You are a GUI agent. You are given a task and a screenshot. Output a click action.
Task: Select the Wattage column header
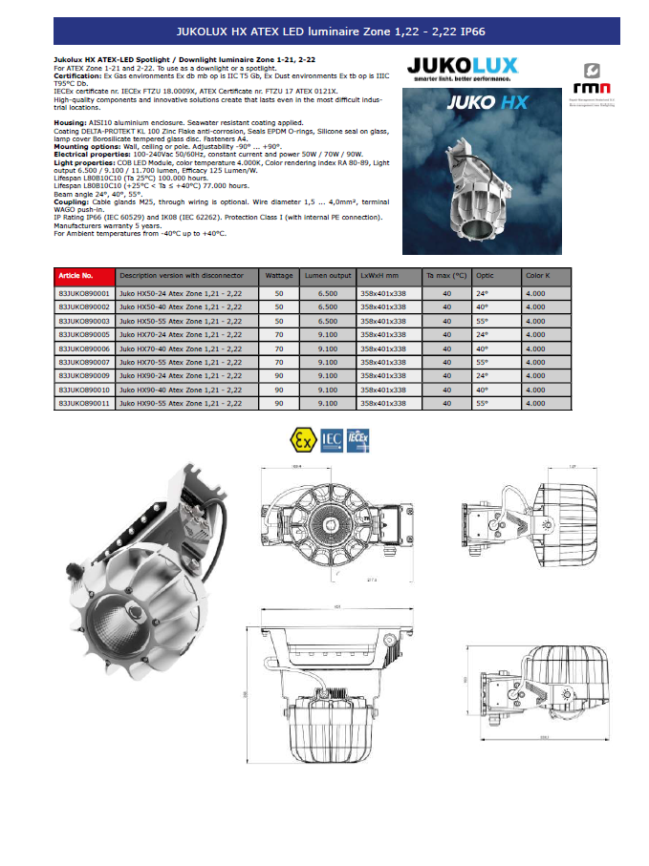coord(278,275)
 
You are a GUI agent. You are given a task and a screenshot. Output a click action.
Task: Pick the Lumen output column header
coord(327,275)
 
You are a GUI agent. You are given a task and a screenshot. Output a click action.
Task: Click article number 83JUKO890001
coord(84,295)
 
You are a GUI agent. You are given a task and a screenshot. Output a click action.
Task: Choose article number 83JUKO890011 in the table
coord(84,404)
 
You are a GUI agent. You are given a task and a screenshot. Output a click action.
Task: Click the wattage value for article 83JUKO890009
coord(279,377)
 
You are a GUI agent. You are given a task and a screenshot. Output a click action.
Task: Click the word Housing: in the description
coord(70,123)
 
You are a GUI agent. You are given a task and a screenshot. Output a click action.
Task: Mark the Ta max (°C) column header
coord(446,275)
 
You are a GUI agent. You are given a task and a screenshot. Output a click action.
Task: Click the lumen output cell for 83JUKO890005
coord(327,336)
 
